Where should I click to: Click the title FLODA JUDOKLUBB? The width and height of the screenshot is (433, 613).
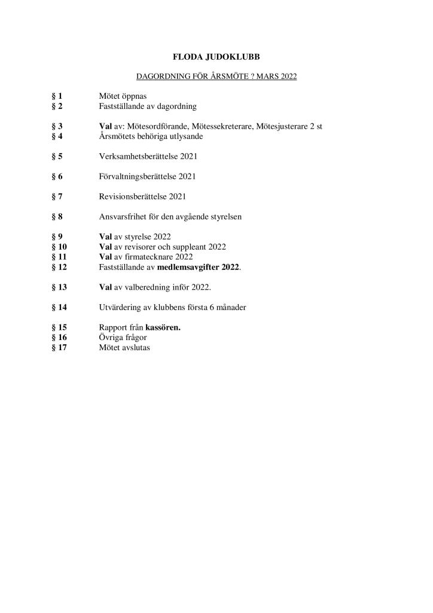click(216, 57)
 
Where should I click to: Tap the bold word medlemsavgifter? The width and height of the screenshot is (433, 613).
click(188, 267)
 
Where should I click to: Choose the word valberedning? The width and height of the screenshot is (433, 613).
click(146, 287)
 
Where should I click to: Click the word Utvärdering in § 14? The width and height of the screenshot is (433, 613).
click(121, 308)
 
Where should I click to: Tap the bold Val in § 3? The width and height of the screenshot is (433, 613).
click(105, 126)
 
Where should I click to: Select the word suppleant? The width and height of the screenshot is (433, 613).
click(188, 247)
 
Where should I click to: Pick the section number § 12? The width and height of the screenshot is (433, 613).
click(60, 267)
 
